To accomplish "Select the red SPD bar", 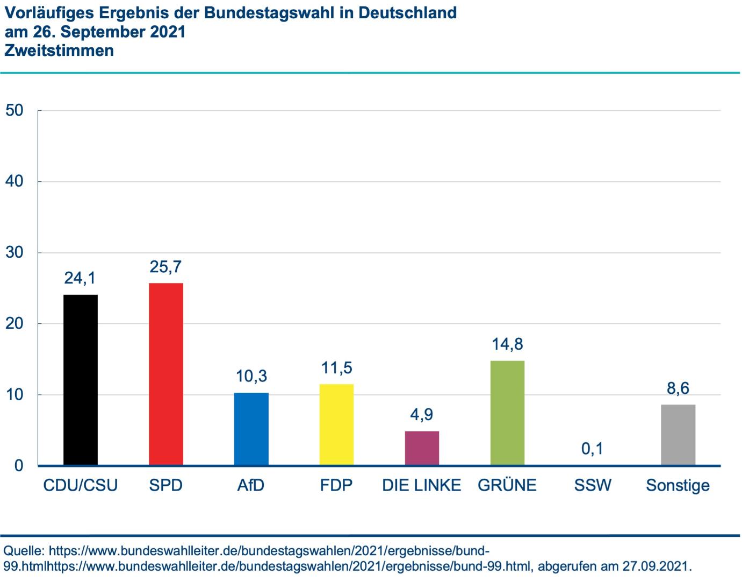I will coord(166,374).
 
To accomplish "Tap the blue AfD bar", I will coord(251,429).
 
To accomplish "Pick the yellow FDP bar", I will coord(337,424).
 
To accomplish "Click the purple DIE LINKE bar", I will coord(422,448).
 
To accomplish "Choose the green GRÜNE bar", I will coord(507,413).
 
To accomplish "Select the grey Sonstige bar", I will coord(678,435).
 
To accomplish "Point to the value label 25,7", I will coord(166,267).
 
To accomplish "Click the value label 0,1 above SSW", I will coord(593,449).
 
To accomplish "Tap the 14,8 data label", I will coord(507,344).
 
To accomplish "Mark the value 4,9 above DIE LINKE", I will coord(422,415).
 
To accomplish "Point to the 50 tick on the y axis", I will coord(15,111).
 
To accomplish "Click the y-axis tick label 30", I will coord(15,253).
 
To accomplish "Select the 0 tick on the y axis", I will coord(19,466).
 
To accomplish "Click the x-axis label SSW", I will coord(593,485).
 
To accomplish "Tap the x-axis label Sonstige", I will coord(678,486).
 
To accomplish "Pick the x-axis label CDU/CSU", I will coord(81,485).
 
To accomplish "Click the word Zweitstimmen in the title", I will coord(59,51).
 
